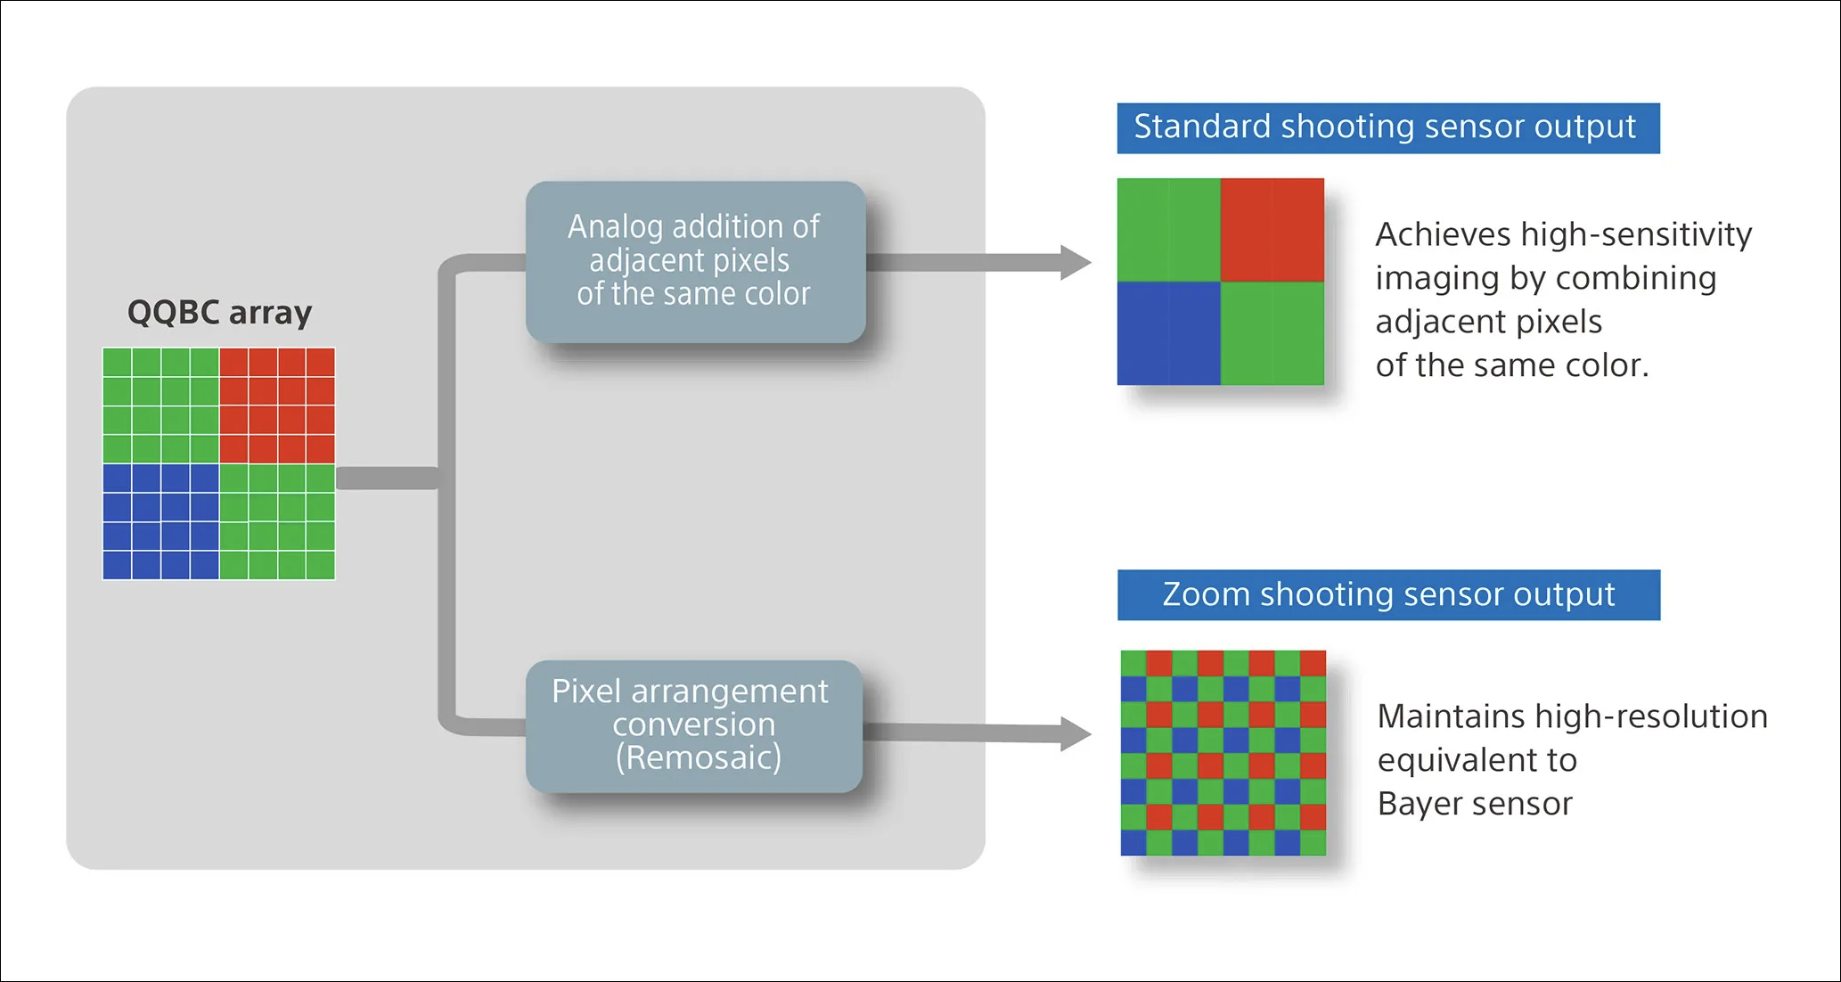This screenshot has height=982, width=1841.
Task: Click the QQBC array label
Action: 219,313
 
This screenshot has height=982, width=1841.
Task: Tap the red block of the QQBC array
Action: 277,405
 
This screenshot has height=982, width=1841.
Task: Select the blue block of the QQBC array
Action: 160,522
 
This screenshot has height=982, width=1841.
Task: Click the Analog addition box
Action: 695,261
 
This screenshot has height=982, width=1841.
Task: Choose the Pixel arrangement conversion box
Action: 693,725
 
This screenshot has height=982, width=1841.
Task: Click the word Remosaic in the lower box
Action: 698,758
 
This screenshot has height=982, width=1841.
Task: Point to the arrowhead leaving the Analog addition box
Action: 1076,262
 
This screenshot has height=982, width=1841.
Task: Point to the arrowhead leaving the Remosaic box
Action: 1076,733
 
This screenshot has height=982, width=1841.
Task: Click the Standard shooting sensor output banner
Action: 1387,127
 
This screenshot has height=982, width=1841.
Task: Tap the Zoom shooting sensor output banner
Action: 1388,594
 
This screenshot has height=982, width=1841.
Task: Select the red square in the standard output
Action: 1272,230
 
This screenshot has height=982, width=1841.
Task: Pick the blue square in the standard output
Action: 1168,334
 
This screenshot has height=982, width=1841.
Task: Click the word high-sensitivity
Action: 1636,234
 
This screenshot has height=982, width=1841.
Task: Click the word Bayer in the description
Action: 1422,805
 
